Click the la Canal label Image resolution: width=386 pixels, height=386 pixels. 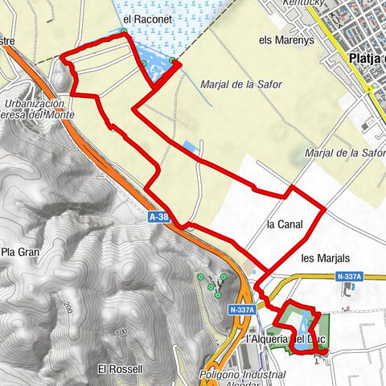285,224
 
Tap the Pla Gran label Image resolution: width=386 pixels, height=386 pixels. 19,252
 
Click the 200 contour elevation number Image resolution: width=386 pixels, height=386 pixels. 67,306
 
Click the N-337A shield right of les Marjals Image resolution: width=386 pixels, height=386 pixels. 350,277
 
